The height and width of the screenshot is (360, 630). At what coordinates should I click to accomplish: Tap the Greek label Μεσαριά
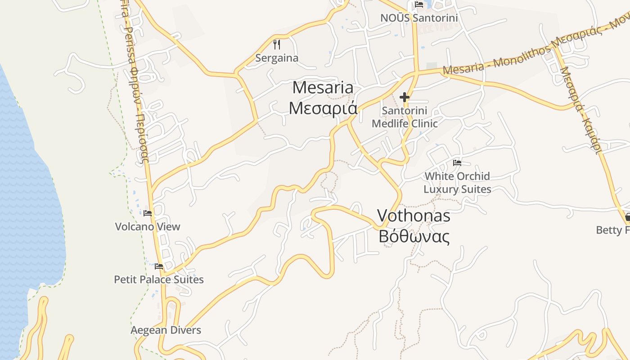click(x=323, y=108)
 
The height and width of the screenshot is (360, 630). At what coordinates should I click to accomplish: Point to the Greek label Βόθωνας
click(x=414, y=236)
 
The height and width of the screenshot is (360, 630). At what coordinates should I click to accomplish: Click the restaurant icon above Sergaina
click(x=277, y=45)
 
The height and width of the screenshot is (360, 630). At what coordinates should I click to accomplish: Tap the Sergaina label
click(x=277, y=58)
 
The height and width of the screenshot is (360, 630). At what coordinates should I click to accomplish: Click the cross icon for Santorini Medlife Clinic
click(x=404, y=97)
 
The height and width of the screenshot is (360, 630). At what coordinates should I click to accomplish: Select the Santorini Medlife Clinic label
click(x=405, y=117)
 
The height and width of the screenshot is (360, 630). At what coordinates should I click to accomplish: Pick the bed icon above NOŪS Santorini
click(x=419, y=4)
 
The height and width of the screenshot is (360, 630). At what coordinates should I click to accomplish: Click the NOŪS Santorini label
click(x=419, y=18)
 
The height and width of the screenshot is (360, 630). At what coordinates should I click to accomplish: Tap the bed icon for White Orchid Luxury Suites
click(x=457, y=162)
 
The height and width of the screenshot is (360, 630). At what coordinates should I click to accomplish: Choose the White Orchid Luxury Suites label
click(x=457, y=182)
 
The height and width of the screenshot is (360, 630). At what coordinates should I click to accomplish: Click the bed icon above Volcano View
click(x=148, y=213)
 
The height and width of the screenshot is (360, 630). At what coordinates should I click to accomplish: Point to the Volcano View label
click(x=148, y=226)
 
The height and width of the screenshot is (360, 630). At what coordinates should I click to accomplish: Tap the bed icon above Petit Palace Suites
click(x=158, y=266)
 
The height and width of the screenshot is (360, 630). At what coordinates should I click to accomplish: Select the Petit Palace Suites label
click(x=158, y=279)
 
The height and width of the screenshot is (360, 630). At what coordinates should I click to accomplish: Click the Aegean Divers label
click(x=166, y=330)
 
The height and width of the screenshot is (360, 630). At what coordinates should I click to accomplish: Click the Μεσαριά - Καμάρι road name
click(x=580, y=110)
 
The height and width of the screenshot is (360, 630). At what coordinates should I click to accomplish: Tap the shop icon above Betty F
click(x=627, y=217)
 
